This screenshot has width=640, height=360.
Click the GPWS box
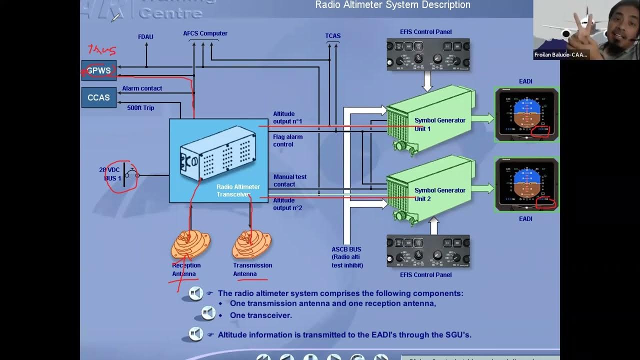coord(99,70)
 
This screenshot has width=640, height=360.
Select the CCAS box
coord(98,97)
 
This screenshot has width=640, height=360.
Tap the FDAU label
coord(145,37)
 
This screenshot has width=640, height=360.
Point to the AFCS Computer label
coord(205,33)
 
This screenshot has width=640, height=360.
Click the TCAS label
coord(333,36)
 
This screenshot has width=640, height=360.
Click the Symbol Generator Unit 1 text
coord(439,124)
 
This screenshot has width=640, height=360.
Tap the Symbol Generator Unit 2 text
coord(439,194)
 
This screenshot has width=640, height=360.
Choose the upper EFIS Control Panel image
coord(427,54)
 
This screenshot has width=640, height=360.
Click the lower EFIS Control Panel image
coord(427,251)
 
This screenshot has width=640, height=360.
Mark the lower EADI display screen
coord(526,183)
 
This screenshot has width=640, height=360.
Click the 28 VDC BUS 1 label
coord(110,174)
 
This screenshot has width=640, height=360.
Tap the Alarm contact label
coord(142,88)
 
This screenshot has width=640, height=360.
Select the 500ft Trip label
coord(140,108)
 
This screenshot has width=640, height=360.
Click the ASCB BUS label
coord(346,249)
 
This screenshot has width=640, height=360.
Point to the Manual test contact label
coord(290,180)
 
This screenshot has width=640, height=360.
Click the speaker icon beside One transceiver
coord(208,313)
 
